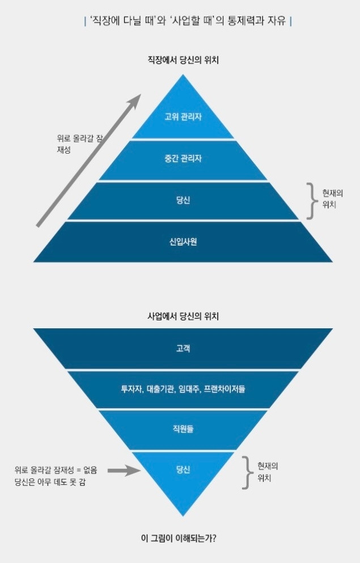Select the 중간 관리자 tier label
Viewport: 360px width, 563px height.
click(x=183, y=159)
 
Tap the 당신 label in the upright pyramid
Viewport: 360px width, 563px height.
click(x=183, y=200)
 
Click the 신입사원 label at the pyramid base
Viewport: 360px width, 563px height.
click(x=183, y=242)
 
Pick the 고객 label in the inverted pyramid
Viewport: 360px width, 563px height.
click(x=183, y=348)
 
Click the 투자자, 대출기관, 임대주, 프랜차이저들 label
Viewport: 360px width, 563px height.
click(x=183, y=389)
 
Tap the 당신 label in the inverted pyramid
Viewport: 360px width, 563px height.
click(x=183, y=469)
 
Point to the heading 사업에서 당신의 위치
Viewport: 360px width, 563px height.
click(x=183, y=316)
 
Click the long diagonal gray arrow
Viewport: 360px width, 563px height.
click(x=88, y=162)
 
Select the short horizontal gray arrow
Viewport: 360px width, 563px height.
click(x=123, y=470)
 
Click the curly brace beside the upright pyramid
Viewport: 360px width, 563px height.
click(x=310, y=200)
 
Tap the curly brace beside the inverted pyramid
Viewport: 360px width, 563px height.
click(x=245, y=472)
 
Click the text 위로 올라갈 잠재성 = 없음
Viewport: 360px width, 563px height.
click(x=56, y=469)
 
